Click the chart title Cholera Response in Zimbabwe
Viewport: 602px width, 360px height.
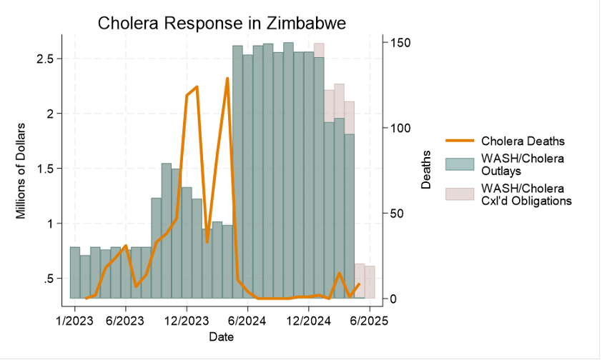[222, 23]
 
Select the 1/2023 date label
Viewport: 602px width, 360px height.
[74, 321]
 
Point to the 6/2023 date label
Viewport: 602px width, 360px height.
[126, 321]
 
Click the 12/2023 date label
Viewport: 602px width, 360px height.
[187, 321]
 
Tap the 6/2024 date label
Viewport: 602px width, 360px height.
[247, 321]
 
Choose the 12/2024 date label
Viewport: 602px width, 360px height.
[308, 321]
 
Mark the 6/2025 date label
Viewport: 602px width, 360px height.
[369, 321]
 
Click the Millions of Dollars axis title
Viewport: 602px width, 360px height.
[21, 171]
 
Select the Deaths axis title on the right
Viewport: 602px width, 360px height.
[426, 170]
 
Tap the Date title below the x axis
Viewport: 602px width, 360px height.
[220, 336]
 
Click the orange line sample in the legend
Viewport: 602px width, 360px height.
[460, 141]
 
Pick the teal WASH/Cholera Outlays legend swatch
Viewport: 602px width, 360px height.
[460, 164]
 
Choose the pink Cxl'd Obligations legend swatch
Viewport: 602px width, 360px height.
[460, 194]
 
